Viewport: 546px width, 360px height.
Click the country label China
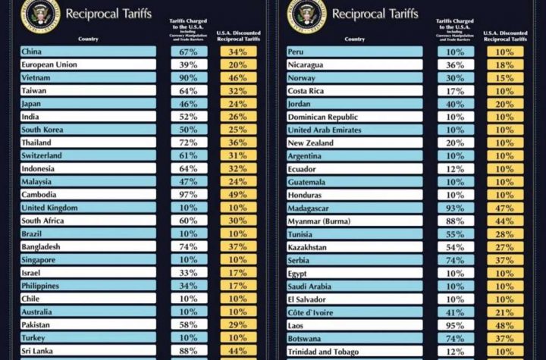point(32,52)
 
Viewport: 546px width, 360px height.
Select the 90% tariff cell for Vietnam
point(189,77)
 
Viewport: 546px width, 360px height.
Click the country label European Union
point(49,64)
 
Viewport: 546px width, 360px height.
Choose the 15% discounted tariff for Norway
point(504,77)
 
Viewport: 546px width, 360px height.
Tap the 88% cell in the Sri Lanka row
point(189,350)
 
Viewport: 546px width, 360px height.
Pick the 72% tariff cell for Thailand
point(189,142)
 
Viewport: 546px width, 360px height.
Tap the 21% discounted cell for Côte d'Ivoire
point(504,311)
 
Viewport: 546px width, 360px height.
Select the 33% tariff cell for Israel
point(189,272)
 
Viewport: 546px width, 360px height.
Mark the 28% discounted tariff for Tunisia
point(504,233)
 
